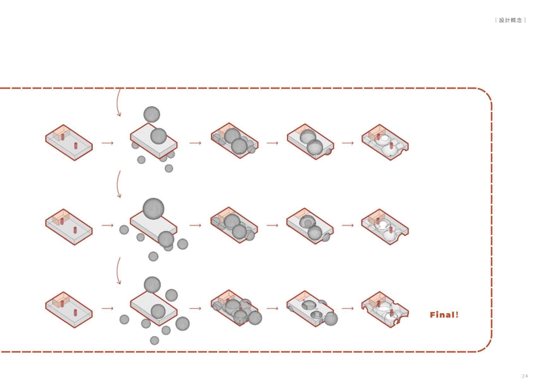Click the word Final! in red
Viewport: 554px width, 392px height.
[x=444, y=315]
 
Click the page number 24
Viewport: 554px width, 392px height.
[x=525, y=376]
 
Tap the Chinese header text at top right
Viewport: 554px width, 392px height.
[x=510, y=20]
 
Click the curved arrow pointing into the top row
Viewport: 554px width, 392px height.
[x=118, y=103]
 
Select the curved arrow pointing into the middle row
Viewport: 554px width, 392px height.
[x=118, y=184]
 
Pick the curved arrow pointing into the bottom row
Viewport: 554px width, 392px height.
[x=118, y=270]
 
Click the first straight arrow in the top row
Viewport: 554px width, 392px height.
[x=107, y=143]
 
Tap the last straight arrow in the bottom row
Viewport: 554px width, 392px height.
[x=348, y=308]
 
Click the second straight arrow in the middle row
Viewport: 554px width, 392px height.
[x=195, y=225]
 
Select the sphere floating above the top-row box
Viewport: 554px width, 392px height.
[x=152, y=114]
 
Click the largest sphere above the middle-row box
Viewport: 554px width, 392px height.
[x=153, y=209]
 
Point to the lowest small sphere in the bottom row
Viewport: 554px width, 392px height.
[x=154, y=341]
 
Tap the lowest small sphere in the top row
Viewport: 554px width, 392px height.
[x=169, y=168]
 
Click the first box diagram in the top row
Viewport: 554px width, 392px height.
[x=69, y=143]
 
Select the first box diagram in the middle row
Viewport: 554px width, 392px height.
[x=69, y=227]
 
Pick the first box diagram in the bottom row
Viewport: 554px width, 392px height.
[x=69, y=310]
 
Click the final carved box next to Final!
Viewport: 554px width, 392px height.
[x=385, y=310]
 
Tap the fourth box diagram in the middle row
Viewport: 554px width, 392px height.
[x=310, y=226]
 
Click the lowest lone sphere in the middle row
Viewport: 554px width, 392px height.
[x=153, y=256]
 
